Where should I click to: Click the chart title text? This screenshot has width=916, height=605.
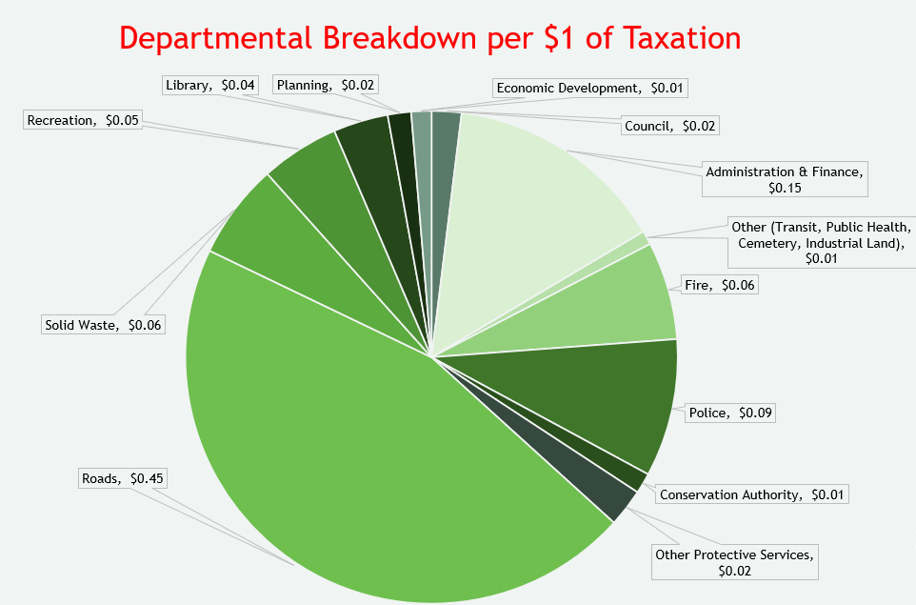click(x=430, y=38)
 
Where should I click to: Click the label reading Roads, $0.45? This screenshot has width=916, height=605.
click(x=124, y=478)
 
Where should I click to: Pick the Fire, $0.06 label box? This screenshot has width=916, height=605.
click(x=719, y=284)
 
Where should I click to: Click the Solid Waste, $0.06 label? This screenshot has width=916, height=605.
click(x=103, y=325)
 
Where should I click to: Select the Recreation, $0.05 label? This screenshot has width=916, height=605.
click(x=82, y=120)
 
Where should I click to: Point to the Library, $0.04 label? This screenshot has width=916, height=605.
click(x=209, y=85)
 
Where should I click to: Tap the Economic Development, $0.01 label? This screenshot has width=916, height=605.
click(x=589, y=88)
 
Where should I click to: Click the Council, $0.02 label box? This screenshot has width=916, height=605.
click(x=670, y=125)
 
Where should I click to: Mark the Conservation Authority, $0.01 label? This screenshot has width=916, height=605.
click(x=752, y=494)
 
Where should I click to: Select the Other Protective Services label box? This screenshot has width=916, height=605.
click(x=735, y=562)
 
